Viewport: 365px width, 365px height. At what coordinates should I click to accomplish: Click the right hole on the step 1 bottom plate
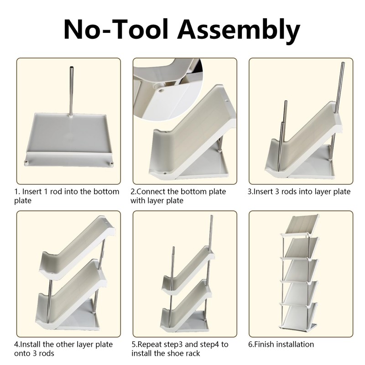point(110,162)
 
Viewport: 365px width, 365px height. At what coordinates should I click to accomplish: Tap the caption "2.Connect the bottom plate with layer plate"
point(178,196)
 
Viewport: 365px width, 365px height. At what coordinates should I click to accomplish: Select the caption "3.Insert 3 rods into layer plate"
point(299,192)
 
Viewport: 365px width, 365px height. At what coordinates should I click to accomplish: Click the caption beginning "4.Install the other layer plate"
point(63,349)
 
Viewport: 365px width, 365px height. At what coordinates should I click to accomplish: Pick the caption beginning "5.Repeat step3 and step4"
point(180,349)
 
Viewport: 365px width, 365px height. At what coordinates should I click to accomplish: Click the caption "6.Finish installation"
point(281,344)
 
